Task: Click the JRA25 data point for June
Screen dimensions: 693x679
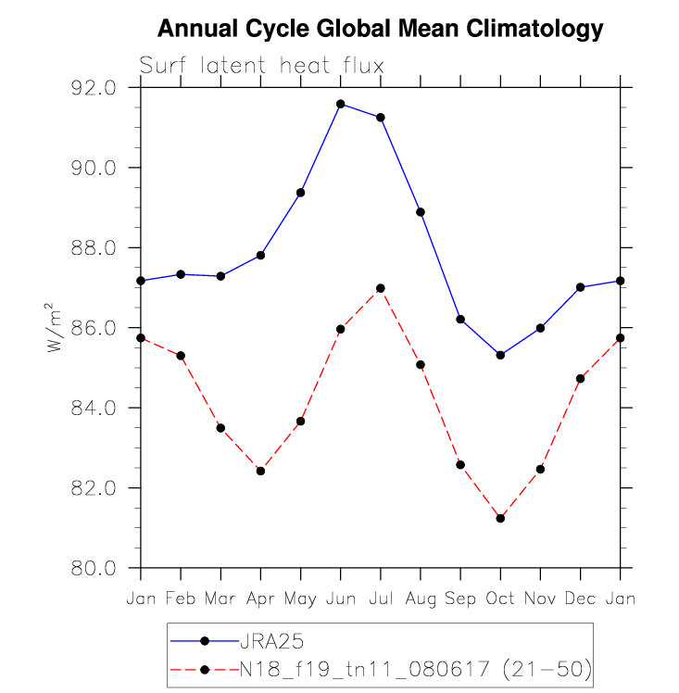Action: [x=341, y=104]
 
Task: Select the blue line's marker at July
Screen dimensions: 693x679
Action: [x=381, y=118]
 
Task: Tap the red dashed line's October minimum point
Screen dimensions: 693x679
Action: [x=500, y=518]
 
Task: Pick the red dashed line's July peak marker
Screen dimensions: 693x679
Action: [x=381, y=288]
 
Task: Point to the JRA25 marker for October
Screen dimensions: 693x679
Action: [x=500, y=355]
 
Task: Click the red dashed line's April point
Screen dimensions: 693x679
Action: [x=260, y=471]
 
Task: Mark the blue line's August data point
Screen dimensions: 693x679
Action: [x=421, y=212]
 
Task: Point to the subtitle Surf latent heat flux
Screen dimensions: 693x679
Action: [x=261, y=66]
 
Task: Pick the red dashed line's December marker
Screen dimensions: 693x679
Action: [x=580, y=379]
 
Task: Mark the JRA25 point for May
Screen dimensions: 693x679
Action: [x=301, y=193]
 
